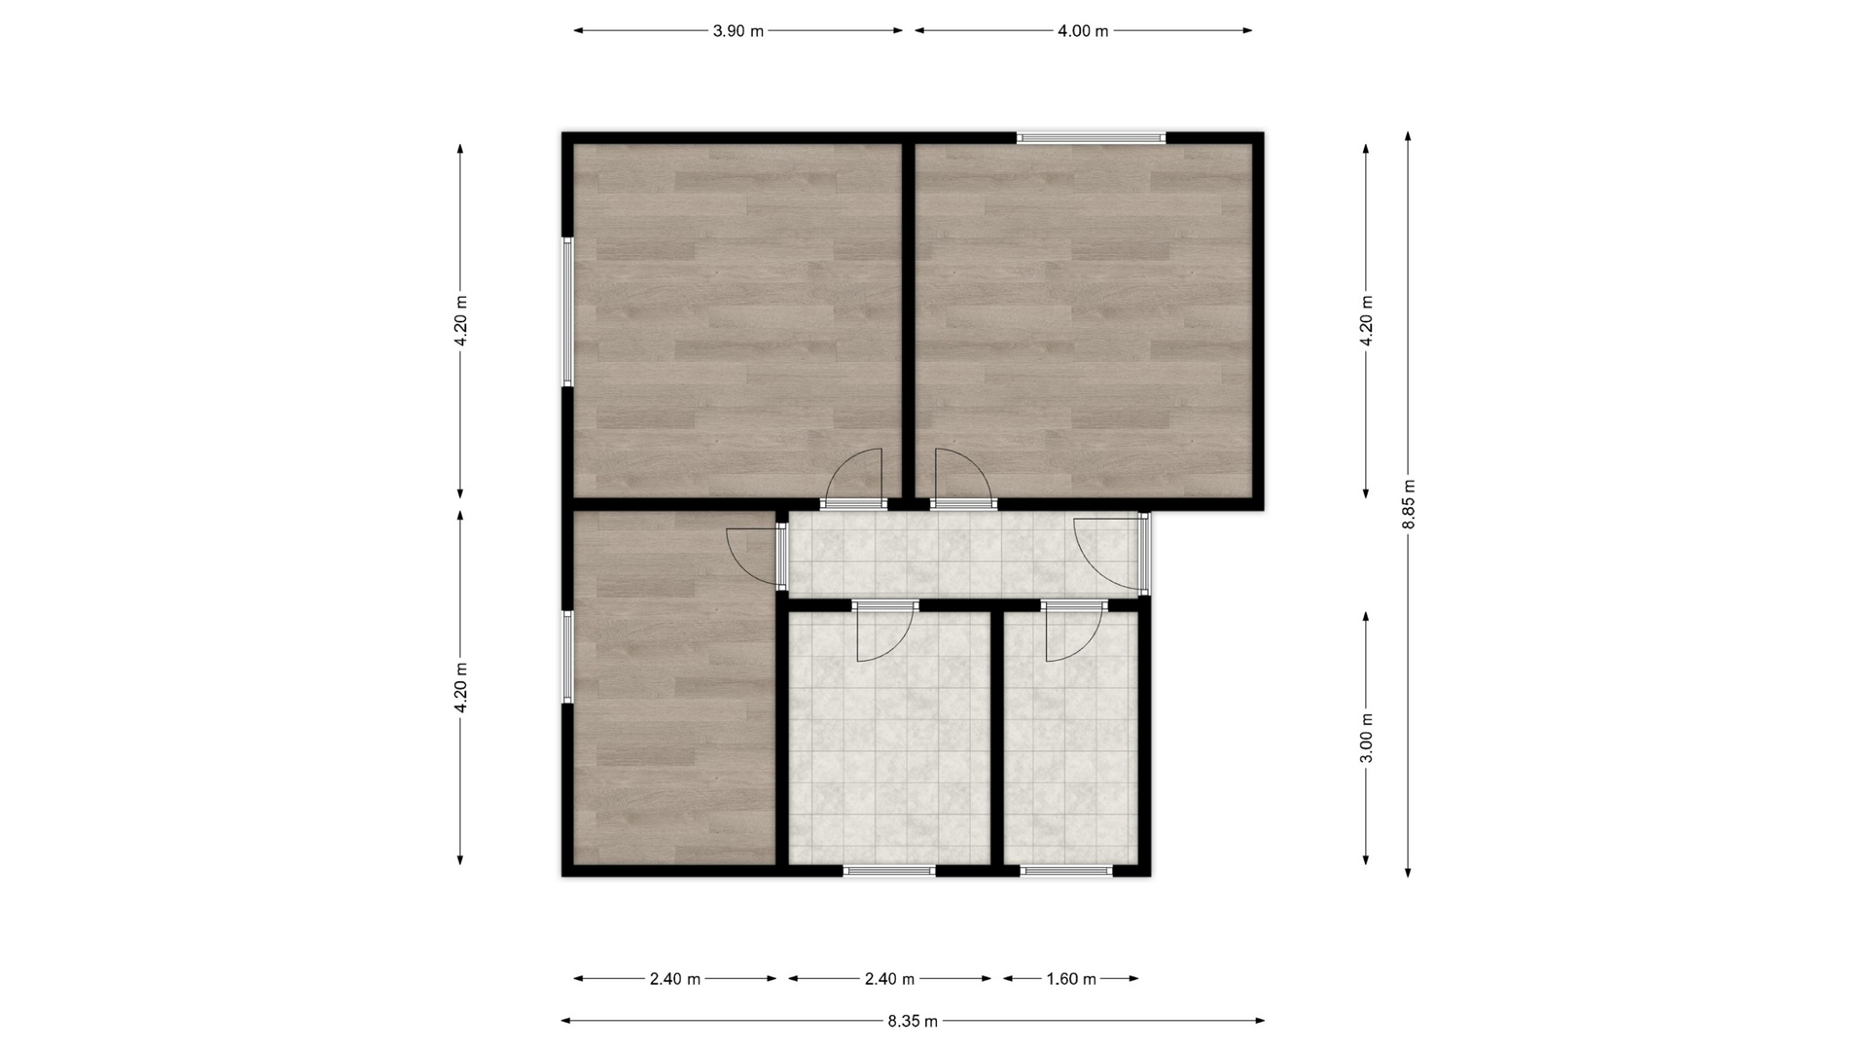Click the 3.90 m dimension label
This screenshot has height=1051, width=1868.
[x=738, y=31]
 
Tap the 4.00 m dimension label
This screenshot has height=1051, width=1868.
[x=1083, y=31]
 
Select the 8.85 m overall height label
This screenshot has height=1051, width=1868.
[x=1409, y=504]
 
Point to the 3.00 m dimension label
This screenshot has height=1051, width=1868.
[x=1367, y=738]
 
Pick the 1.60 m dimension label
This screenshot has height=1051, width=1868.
[x=1071, y=979]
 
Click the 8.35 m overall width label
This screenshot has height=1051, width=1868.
[x=913, y=1022]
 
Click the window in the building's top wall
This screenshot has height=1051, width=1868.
[x=1092, y=138]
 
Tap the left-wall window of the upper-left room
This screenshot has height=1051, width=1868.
[x=567, y=311]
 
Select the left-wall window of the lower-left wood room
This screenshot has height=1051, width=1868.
[x=567, y=657]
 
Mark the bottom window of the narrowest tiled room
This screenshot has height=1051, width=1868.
[x=1066, y=871]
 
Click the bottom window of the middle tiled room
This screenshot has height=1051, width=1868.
[x=889, y=871]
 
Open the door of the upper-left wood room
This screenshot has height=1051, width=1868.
[x=854, y=481]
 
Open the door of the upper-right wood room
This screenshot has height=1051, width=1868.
[x=963, y=481]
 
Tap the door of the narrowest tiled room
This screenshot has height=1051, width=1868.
[x=1074, y=631]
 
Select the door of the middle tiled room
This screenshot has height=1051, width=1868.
[x=885, y=631]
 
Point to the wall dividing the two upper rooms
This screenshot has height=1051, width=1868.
[x=909, y=321]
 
